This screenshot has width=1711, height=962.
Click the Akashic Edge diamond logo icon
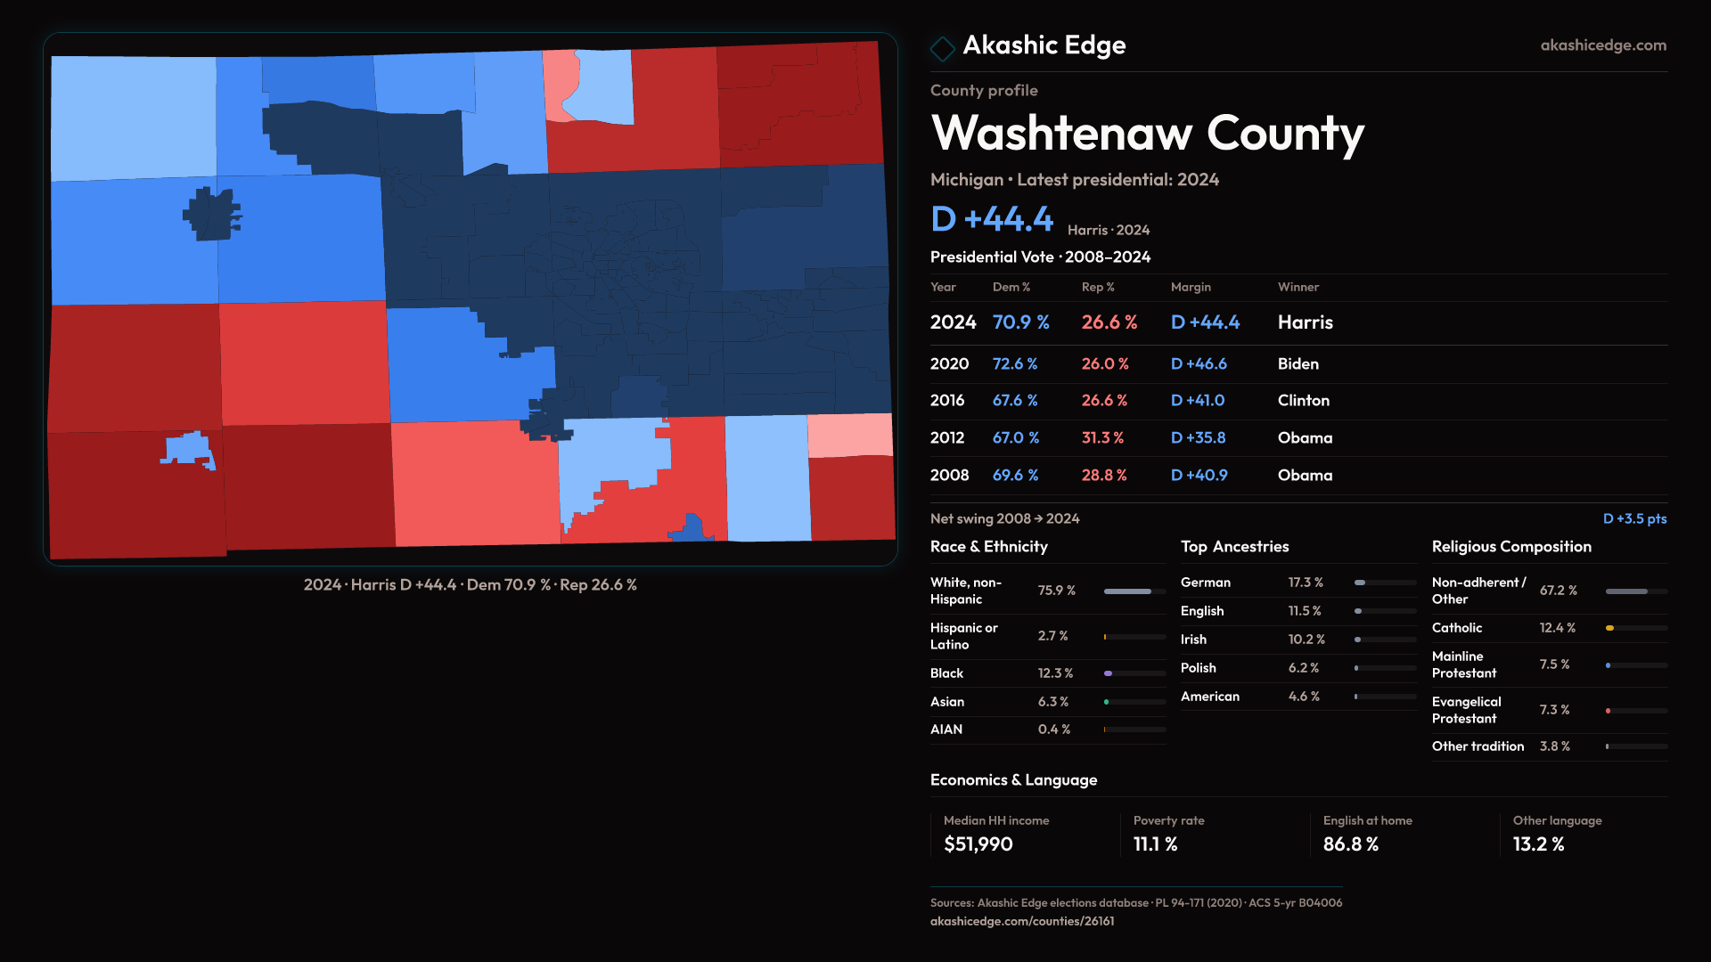(x=942, y=48)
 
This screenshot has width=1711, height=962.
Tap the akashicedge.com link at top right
(x=1603, y=45)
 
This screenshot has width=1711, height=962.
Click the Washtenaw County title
(x=1147, y=134)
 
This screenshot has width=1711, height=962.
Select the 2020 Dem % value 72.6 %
(x=1015, y=364)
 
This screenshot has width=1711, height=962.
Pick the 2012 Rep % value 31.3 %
(x=1102, y=438)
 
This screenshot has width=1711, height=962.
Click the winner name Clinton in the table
(x=1303, y=401)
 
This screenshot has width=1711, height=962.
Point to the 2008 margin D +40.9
(x=1199, y=476)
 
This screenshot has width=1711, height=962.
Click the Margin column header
(x=1191, y=287)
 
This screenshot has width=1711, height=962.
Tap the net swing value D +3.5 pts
(x=1634, y=518)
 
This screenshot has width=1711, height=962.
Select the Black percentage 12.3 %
(x=1055, y=673)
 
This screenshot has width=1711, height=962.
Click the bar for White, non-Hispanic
(x=1134, y=591)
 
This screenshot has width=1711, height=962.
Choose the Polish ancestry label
(x=1198, y=668)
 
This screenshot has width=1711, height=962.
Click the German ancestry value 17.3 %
(x=1306, y=583)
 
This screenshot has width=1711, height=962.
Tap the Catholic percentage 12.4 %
(x=1557, y=628)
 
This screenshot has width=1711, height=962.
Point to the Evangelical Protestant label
(x=1466, y=710)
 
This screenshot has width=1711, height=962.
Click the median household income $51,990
(x=978, y=844)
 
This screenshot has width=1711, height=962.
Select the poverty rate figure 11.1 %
(x=1155, y=844)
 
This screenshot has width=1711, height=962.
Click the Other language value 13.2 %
(x=1538, y=844)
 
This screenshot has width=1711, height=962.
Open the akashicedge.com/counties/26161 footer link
(x=1021, y=921)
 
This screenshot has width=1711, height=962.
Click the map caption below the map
(x=470, y=585)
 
